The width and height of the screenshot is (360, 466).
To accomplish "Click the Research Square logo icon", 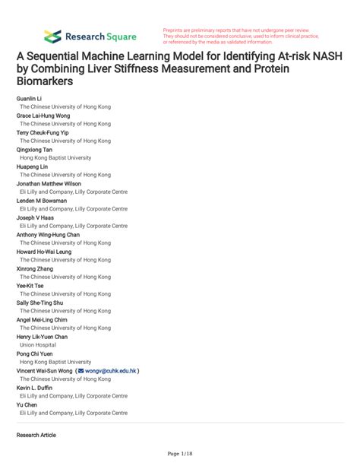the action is pos(52,36).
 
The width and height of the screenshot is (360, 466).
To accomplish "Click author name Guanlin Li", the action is pos(29,100).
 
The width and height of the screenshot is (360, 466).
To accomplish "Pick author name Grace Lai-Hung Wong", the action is pos(42,116).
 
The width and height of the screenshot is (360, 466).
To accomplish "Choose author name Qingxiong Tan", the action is pos(35,150).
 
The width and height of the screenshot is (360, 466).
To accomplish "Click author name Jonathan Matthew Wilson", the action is pos(48,183).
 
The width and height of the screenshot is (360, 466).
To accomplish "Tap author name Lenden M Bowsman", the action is pos(43,201).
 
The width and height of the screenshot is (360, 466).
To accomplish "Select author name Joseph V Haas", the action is pos(36,217).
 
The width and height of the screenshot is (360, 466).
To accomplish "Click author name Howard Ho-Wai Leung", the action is pos(46,252).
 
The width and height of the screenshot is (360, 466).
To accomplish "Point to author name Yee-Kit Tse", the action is pos(31,286).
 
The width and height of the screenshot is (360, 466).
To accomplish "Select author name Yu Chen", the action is pos(27,404).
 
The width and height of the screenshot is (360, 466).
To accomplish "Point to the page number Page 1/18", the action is pos(179,455).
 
